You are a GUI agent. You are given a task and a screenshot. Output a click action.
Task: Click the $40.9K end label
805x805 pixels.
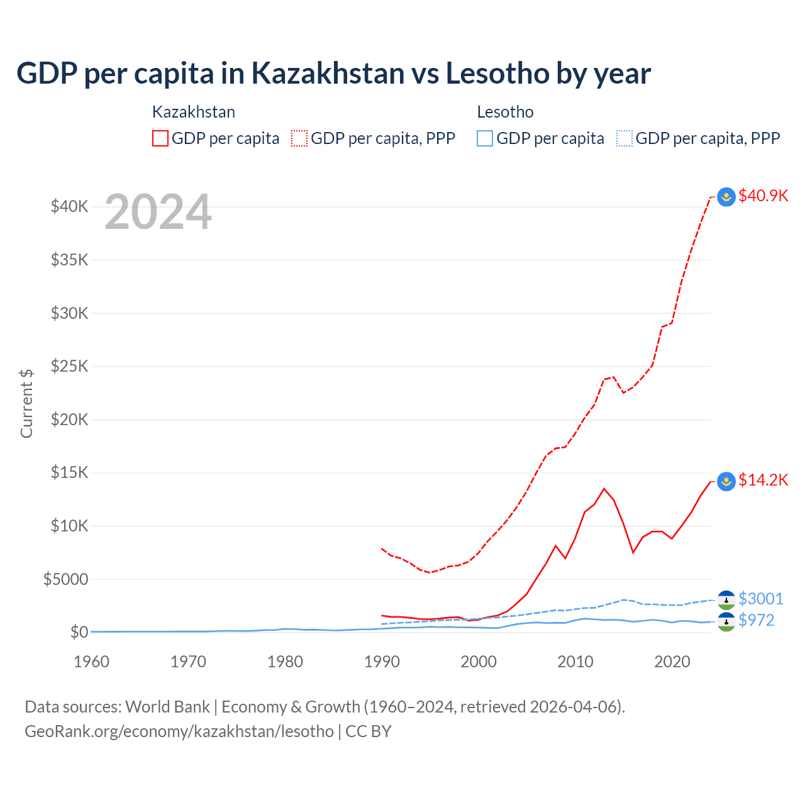coord(763,196)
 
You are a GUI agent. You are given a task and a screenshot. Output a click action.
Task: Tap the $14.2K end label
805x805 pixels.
coord(763,480)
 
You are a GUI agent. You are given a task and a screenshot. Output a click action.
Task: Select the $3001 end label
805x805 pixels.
coord(760,599)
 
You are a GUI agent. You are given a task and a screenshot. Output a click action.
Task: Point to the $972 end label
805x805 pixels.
coord(756,621)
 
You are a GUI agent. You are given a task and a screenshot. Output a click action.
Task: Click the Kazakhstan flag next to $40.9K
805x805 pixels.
coord(726,197)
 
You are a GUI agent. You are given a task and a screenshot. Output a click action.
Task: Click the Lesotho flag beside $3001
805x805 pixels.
coord(726,599)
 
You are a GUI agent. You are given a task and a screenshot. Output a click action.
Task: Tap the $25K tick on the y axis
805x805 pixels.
coord(69,366)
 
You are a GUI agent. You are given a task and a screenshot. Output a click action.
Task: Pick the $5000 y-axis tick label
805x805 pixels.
coord(65,579)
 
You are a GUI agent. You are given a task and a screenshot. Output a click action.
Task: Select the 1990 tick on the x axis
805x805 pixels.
coord(382,662)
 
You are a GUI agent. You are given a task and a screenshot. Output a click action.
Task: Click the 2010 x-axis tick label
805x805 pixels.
coord(575,662)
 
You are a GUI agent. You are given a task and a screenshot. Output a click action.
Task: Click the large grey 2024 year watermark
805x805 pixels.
coord(158,213)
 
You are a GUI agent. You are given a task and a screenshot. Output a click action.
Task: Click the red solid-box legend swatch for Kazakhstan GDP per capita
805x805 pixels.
coord(160,138)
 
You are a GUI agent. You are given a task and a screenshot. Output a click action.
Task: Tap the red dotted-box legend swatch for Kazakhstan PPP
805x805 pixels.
coord(299,138)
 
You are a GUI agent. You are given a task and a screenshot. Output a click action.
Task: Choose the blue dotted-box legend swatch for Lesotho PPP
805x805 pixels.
coord(624,138)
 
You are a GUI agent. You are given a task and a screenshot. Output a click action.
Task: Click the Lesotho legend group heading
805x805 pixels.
coord(505,112)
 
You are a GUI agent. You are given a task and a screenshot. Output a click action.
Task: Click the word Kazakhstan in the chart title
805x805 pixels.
coord(328,74)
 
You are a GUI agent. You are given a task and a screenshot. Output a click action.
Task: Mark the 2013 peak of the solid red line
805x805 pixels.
coord(604,489)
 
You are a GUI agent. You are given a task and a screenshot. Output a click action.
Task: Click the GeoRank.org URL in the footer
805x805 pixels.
coord(179,731)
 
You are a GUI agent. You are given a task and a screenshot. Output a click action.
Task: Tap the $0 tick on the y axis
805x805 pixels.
coord(79,632)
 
